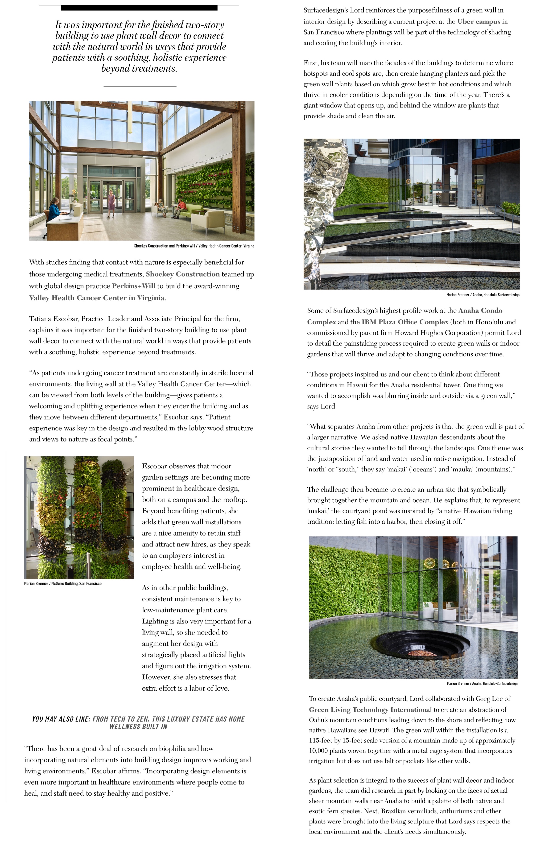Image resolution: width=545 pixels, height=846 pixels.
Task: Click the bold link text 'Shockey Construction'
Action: click(x=183, y=274)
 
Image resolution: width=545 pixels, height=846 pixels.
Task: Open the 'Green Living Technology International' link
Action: click(x=370, y=710)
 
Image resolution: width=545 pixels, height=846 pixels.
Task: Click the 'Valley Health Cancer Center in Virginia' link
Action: click(x=97, y=298)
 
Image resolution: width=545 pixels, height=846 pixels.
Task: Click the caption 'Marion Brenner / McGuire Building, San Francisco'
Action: click(x=63, y=583)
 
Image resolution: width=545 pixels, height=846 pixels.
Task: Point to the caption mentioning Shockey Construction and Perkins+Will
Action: click(x=194, y=246)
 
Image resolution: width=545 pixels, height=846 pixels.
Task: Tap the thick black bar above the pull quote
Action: click(x=139, y=8)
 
